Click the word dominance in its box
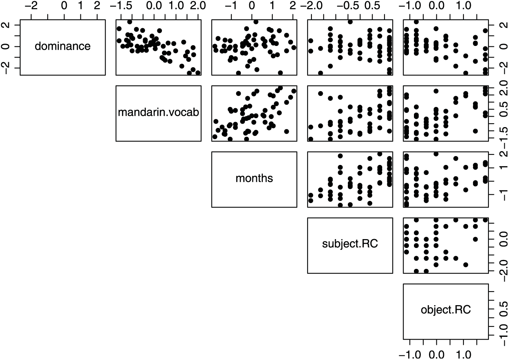[x=63, y=46]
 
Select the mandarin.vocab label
[x=158, y=112]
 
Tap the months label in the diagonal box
[x=254, y=178]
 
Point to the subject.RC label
[x=350, y=244]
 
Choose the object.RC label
[x=446, y=310]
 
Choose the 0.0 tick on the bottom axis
[x=437, y=353]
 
